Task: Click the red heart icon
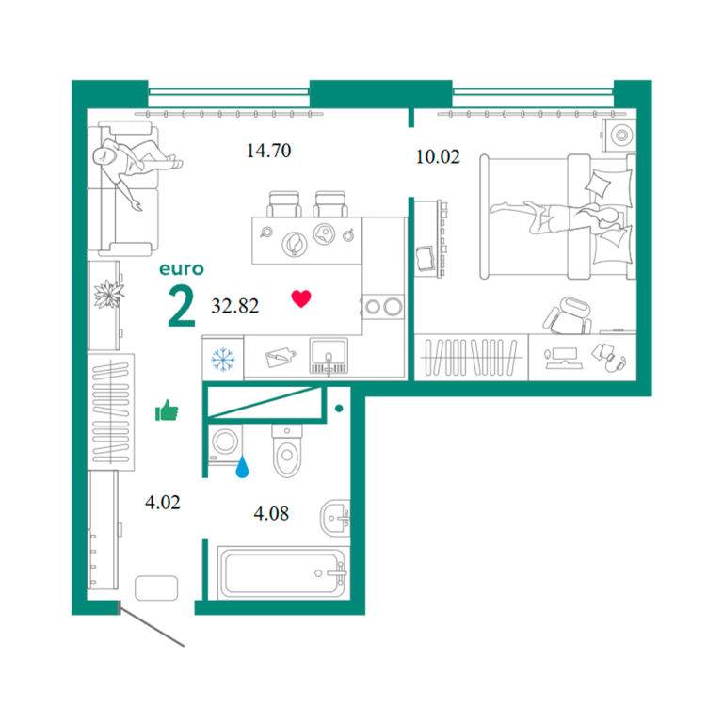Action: (301, 298)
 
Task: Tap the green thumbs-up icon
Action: (167, 410)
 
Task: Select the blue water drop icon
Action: (242, 467)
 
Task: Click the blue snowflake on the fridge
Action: (223, 360)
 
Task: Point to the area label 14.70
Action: (269, 151)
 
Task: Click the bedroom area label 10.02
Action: (438, 157)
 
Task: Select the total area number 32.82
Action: (235, 306)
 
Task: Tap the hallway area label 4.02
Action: (162, 502)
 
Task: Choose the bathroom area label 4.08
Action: (271, 513)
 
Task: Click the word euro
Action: (181, 269)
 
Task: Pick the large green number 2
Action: (181, 305)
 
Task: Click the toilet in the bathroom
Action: (287, 451)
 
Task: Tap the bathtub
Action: (282, 572)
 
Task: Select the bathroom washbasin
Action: (335, 518)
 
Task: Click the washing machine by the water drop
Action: (225, 443)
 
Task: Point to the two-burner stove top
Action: (383, 307)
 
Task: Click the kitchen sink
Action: (329, 356)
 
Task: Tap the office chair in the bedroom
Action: (568, 316)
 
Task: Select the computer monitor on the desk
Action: (564, 359)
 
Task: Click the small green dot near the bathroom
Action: (339, 408)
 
